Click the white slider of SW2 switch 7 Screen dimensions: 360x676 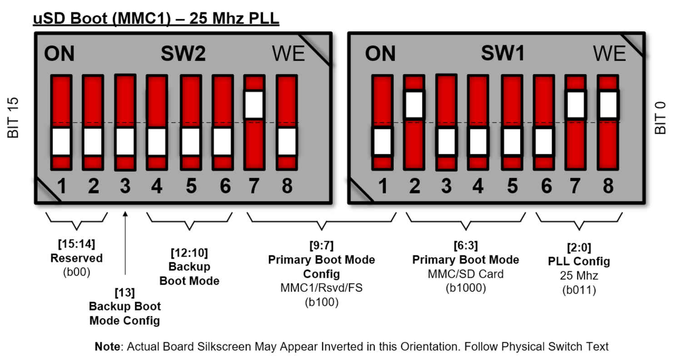click(x=254, y=105)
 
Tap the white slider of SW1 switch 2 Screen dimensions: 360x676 click(x=414, y=105)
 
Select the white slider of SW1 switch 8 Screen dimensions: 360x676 click(x=607, y=104)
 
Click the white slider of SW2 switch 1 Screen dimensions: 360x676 click(x=61, y=142)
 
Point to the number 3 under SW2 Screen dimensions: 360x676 click(x=125, y=186)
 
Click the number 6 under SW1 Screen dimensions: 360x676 click(x=546, y=186)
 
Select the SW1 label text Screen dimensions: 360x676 click(x=503, y=54)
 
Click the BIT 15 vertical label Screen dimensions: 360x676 click(x=14, y=118)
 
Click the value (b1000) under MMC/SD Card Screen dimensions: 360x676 click(x=466, y=287)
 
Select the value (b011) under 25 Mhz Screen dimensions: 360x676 click(x=579, y=289)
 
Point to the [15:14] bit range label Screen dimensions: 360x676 click(x=76, y=244)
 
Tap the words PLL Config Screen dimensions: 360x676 click(x=579, y=261)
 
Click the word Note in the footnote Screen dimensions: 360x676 click(x=108, y=347)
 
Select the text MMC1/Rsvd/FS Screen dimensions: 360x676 click(x=322, y=288)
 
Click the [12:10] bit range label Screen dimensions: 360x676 click(x=189, y=252)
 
